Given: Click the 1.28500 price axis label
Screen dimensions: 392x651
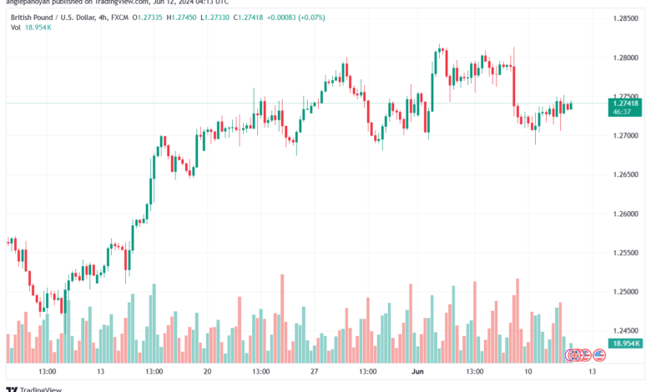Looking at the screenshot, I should coord(627,18).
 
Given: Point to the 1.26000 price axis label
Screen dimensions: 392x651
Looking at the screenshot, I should coord(627,214).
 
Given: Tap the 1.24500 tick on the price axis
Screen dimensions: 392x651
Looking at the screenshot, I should coord(627,331).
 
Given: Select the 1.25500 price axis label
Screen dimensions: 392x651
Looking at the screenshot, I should coord(627,253).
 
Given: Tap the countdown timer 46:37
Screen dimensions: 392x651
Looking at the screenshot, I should coord(622,111).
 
